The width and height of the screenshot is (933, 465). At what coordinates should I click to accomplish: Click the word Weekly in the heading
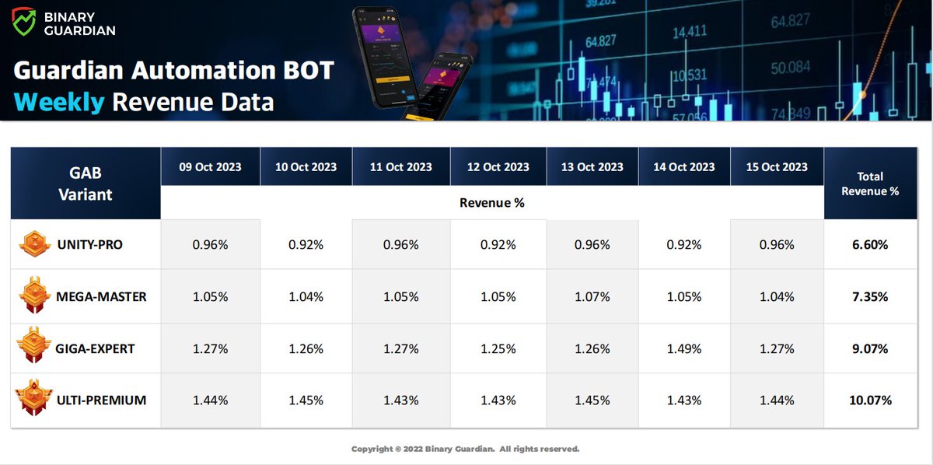coord(59,102)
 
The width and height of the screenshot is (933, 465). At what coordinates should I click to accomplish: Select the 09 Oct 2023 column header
coord(210,166)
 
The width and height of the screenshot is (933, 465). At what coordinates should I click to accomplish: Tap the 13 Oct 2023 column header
coord(592,166)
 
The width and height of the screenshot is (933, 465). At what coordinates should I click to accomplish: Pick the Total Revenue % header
coord(870,183)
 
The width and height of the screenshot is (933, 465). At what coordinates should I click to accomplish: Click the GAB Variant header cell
coord(86,184)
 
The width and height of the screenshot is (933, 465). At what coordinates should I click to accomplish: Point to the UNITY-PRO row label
coord(89,244)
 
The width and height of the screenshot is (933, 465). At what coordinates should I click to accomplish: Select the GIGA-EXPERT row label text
coord(95,348)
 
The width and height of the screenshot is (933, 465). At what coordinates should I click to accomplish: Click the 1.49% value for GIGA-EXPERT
coord(684,348)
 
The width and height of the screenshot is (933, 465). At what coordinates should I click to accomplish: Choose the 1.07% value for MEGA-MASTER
coord(592,296)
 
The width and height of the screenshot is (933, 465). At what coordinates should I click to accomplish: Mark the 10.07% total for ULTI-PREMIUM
coord(870,400)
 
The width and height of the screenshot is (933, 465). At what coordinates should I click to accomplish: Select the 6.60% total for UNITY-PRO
coord(870,244)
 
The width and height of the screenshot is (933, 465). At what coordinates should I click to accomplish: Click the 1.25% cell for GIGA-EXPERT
coord(498,348)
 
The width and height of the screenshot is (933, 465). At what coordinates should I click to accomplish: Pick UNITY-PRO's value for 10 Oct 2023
coord(306,244)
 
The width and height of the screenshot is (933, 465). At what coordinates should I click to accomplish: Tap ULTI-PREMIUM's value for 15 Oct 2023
coord(777,400)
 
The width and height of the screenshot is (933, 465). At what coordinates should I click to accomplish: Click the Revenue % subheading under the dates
coord(491,203)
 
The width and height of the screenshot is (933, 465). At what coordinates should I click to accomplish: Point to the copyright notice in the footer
coord(465,449)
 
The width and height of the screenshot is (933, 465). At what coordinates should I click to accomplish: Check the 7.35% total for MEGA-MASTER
coord(870,296)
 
